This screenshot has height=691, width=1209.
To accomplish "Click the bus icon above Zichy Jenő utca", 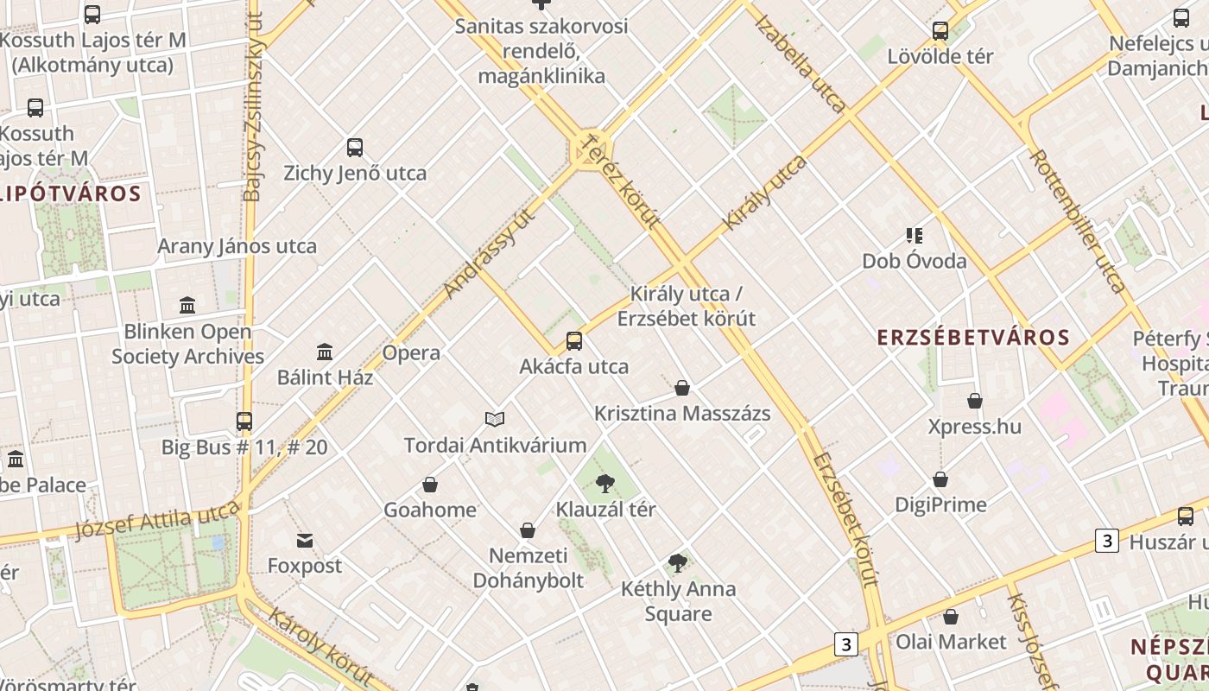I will click(354, 148).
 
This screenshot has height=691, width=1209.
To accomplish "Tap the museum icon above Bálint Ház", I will click(325, 352).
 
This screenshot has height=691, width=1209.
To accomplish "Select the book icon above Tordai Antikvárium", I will click(495, 420).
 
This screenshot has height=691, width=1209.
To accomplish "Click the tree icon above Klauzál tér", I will click(605, 483).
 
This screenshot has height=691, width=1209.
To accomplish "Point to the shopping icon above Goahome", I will click(430, 485).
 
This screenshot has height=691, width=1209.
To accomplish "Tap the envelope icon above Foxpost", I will click(305, 541).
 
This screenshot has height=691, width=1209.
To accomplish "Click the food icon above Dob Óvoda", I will click(915, 235).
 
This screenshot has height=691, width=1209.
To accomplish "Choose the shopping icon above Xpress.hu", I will click(975, 401).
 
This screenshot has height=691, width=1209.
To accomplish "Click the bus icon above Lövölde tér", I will click(940, 31).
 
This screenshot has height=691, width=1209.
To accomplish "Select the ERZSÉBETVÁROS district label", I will click(973, 338).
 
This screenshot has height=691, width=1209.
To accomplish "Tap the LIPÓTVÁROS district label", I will click(71, 193).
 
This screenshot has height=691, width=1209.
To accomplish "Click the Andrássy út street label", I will click(489, 252).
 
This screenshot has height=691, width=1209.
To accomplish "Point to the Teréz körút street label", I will click(622, 181).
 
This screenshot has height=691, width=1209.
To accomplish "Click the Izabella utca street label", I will click(801, 61).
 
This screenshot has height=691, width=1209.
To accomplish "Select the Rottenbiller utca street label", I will click(1078, 221).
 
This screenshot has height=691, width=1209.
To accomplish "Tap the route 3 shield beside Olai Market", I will click(846, 644).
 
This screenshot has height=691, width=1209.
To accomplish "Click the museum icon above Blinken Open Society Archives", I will click(187, 305).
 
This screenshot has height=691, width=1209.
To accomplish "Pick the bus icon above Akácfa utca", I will click(574, 340).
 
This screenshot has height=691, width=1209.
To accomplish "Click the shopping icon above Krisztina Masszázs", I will click(682, 388).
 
